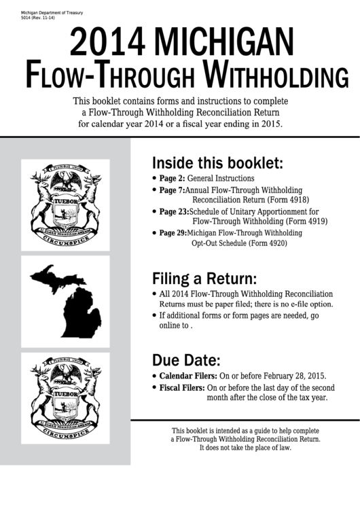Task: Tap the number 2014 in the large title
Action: [109, 44]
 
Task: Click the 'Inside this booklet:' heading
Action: [217, 164]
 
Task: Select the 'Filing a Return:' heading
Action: [204, 279]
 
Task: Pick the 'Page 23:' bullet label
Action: [175, 212]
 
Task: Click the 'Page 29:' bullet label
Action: [175, 233]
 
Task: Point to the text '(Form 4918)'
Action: [292, 200]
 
